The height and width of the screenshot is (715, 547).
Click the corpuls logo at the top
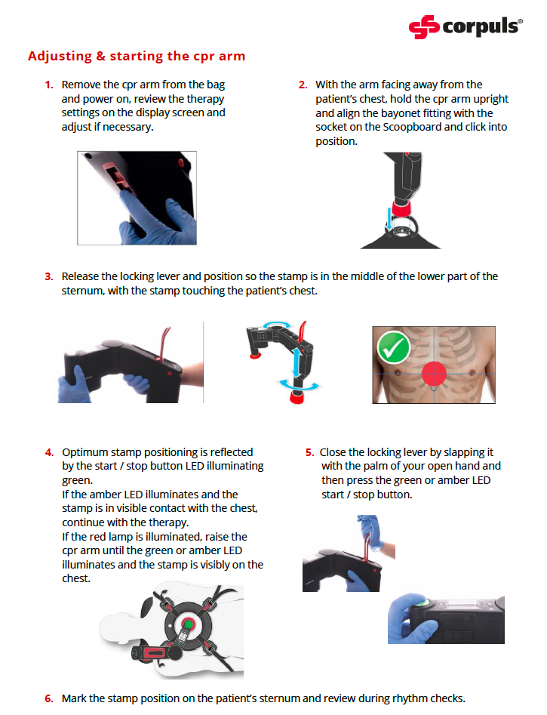(465, 27)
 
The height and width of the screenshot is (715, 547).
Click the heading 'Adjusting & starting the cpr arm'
(137, 56)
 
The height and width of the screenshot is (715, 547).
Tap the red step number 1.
(48, 85)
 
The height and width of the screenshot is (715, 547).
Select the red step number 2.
(303, 85)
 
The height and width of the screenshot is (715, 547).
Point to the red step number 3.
(48, 276)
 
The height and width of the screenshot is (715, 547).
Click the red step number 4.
(48, 452)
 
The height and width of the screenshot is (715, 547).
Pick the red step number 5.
(309, 452)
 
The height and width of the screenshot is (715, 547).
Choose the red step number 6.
(48, 698)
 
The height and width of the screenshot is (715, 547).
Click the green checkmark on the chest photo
(393, 347)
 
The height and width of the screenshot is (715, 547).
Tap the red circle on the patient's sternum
(434, 374)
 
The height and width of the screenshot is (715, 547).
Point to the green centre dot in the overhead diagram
(185, 625)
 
